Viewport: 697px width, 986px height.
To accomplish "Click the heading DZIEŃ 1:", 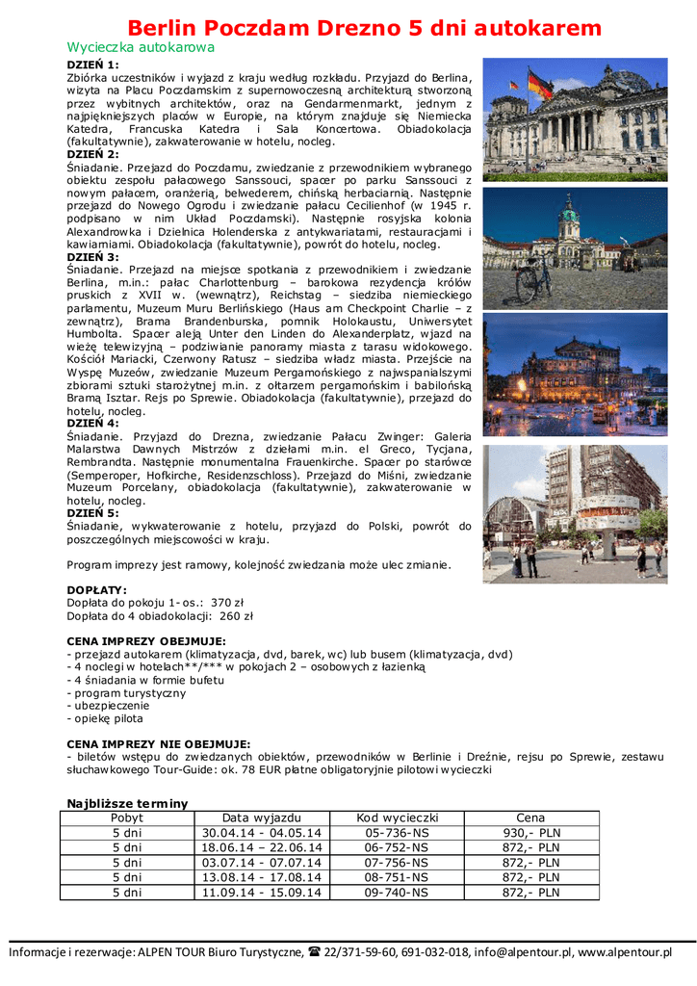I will point(93,65).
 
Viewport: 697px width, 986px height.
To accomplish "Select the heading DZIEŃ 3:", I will point(93,257).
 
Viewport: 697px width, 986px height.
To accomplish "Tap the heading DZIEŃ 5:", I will point(93,513).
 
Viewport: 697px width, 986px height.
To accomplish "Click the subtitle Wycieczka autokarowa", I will point(141,46).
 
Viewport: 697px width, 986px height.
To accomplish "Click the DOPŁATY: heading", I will point(96,589).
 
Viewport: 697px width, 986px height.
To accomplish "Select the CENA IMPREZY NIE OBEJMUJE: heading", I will point(158,743).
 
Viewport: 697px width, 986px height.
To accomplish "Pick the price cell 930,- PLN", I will point(530,833).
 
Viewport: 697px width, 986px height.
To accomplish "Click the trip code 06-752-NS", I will point(397,848).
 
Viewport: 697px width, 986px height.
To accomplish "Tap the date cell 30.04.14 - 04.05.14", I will point(262,833).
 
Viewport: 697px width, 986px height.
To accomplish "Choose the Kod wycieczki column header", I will point(397,817).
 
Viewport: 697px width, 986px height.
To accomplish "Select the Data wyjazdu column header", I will point(262,817).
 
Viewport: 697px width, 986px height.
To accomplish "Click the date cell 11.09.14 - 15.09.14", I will point(262,893).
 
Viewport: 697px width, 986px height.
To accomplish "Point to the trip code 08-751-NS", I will point(397,878).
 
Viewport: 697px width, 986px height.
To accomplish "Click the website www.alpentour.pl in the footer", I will point(625,952).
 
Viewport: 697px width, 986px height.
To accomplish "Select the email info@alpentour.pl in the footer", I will point(521,952).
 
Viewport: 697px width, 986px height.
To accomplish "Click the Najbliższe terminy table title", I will point(127,803).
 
